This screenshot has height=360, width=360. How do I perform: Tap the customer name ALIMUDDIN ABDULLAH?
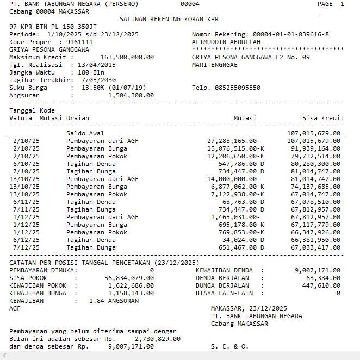click(226, 42)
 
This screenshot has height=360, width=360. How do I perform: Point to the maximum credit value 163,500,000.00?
click(127, 57)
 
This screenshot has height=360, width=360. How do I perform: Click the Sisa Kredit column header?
click(323, 118)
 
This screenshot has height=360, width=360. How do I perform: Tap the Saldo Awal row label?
click(85, 133)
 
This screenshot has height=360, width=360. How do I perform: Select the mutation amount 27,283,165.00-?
click(233, 141)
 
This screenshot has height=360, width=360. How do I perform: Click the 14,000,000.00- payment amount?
click(233, 179)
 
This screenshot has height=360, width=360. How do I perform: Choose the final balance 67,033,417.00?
click(315, 247)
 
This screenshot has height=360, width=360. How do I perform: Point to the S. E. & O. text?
click(229, 346)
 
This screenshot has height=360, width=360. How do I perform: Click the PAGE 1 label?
click(331, 4)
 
